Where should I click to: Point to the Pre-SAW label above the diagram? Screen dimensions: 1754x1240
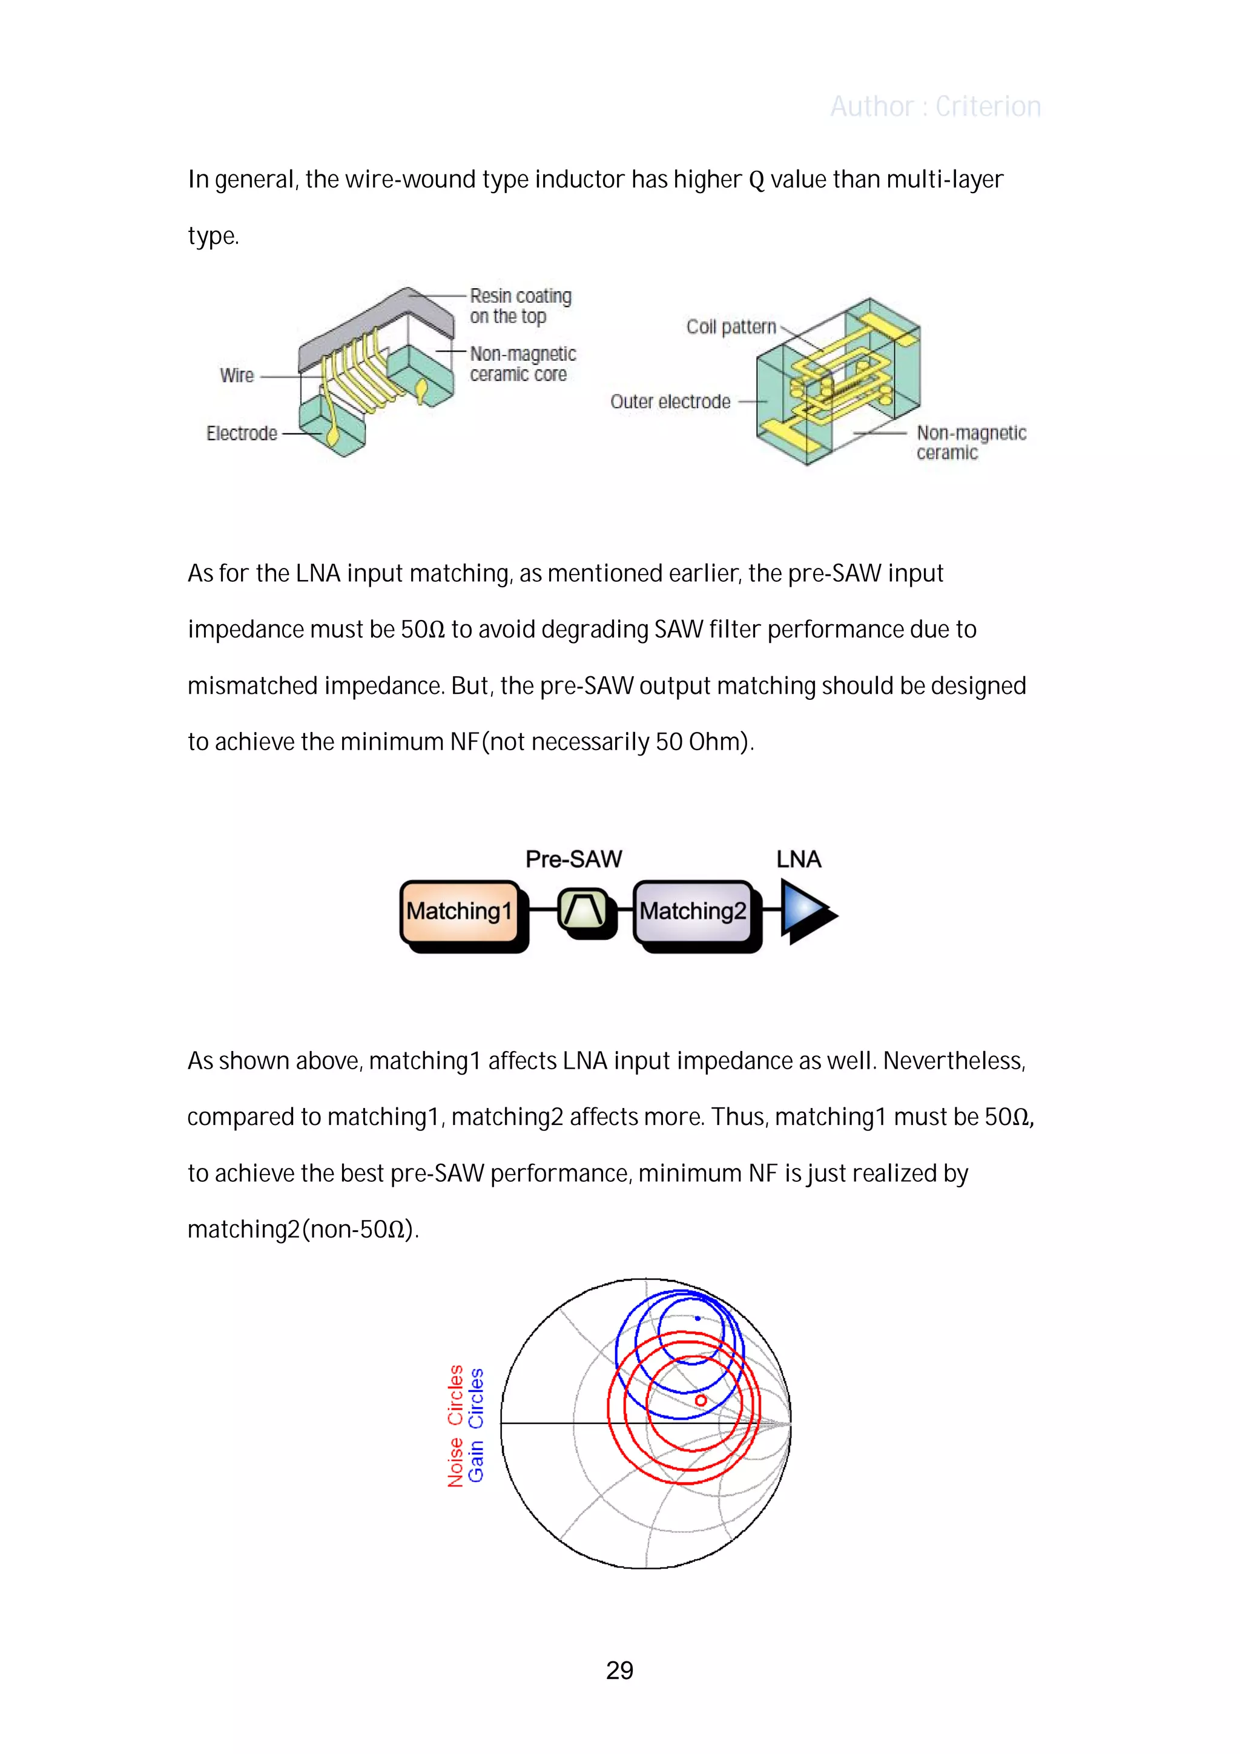[574, 859]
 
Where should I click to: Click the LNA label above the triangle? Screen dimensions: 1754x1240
[799, 859]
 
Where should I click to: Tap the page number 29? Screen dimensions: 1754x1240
[619, 1670]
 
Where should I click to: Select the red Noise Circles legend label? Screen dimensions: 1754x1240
[456, 1425]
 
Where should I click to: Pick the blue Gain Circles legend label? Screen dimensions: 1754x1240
[476, 1425]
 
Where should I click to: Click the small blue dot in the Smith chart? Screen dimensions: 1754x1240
[697, 1319]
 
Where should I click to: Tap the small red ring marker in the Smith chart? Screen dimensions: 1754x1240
[701, 1400]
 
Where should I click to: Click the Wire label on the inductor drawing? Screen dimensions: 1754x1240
[237, 376]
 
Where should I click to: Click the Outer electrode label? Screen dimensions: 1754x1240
[670, 402]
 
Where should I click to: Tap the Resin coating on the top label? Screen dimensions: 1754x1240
[520, 306]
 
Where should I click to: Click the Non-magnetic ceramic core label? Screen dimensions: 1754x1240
[523, 364]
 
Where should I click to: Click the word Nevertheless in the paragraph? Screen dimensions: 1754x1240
[954, 1061]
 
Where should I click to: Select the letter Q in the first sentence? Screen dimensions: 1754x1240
[756, 180]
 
